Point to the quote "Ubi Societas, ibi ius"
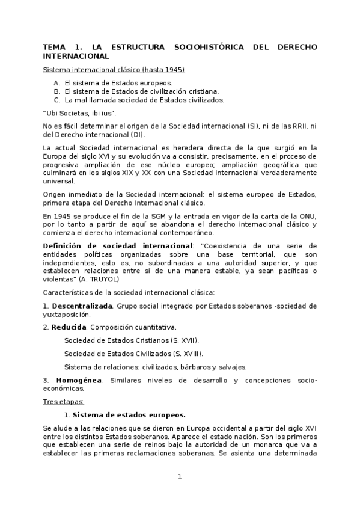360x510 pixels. (x=75, y=113)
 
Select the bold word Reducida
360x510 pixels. (x=69, y=327)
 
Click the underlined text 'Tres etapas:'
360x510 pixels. (x=63, y=401)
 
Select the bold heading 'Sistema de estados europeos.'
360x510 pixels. (x=129, y=414)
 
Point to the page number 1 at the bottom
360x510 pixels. (x=179, y=477)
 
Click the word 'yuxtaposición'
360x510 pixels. (x=66, y=314)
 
